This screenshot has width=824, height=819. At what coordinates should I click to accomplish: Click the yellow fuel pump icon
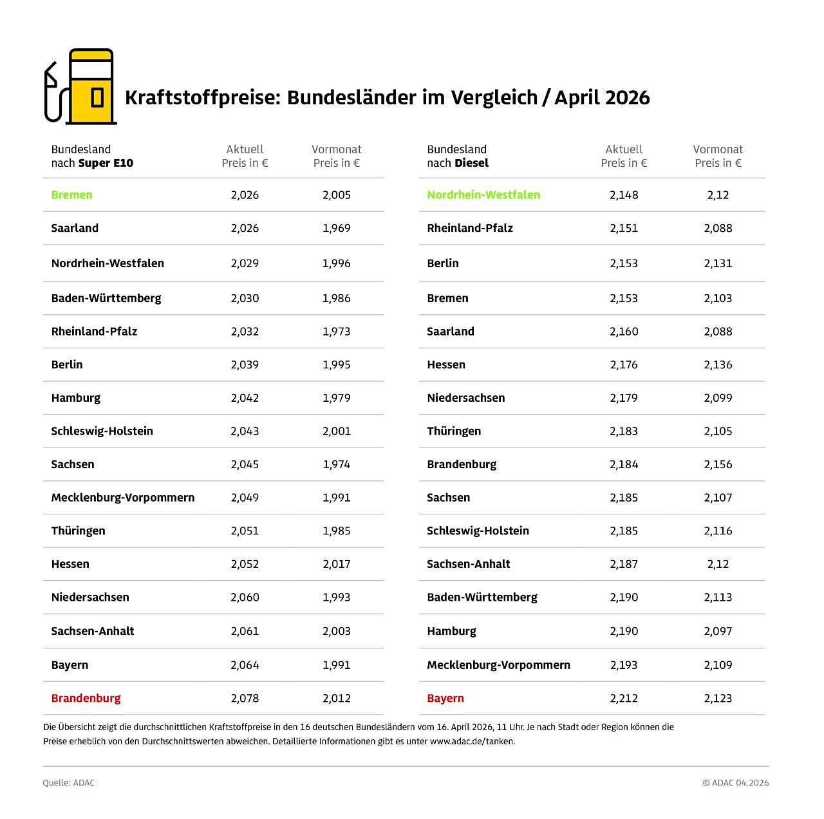[x=90, y=87]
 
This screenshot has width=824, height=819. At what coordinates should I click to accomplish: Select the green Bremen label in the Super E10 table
[x=71, y=194]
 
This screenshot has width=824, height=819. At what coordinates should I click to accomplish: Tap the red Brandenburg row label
[x=86, y=698]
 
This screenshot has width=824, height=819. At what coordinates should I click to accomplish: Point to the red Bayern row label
[x=445, y=698]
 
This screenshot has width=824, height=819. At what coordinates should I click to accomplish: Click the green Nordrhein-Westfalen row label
[x=483, y=194]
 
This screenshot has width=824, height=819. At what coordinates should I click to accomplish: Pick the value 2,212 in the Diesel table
[x=624, y=698]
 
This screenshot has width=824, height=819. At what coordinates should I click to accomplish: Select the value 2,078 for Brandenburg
[x=245, y=698]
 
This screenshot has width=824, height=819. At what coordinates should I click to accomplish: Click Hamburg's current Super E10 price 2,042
[x=245, y=398]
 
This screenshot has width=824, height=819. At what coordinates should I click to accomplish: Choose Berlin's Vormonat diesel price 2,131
[x=718, y=263]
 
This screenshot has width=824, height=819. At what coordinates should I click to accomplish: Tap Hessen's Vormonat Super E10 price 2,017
[x=336, y=564]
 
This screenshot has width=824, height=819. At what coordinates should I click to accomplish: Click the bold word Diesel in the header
[x=471, y=163]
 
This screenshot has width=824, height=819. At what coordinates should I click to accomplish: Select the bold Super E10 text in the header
[x=106, y=163]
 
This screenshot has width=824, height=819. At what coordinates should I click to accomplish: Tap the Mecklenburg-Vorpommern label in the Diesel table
[x=498, y=665]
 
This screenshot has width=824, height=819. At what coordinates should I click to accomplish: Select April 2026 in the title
[x=602, y=98]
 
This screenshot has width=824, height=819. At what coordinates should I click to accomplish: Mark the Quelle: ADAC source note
[x=69, y=783]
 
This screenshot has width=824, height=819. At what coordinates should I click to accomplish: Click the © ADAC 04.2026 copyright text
[x=735, y=783]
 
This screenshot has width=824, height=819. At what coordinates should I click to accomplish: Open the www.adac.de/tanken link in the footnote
[x=472, y=741]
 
